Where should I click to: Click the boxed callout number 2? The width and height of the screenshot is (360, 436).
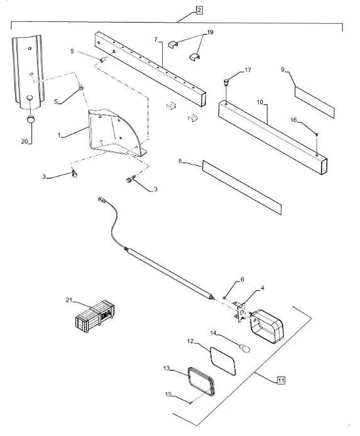click(x=199, y=10)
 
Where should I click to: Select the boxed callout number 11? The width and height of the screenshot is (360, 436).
click(x=281, y=380)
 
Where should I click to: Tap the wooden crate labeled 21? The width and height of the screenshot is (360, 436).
click(x=95, y=317)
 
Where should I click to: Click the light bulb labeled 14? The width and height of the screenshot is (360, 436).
click(x=245, y=348)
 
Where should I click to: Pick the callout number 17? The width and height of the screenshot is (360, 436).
click(x=248, y=70)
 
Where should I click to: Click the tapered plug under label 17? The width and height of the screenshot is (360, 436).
click(x=226, y=82)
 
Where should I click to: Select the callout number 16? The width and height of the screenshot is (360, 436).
click(x=293, y=120)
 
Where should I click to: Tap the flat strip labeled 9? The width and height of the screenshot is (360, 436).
click(x=314, y=102)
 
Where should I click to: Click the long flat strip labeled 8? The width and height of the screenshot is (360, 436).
click(x=242, y=187)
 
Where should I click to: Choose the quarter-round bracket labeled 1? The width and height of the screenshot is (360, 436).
click(x=116, y=133)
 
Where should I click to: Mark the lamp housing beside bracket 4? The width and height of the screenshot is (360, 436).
click(x=267, y=326)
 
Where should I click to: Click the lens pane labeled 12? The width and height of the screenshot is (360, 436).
click(x=222, y=361)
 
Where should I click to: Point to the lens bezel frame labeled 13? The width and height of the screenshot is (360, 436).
click(x=202, y=381)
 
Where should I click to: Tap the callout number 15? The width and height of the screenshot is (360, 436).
click(x=168, y=395)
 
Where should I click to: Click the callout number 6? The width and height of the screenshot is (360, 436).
click(x=242, y=279)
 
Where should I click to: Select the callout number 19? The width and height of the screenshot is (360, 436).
click(x=210, y=32)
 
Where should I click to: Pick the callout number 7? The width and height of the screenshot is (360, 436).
click(x=156, y=40)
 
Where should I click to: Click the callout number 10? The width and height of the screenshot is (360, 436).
click(x=259, y=102)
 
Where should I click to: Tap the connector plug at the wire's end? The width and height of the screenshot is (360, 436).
click(x=101, y=199)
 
